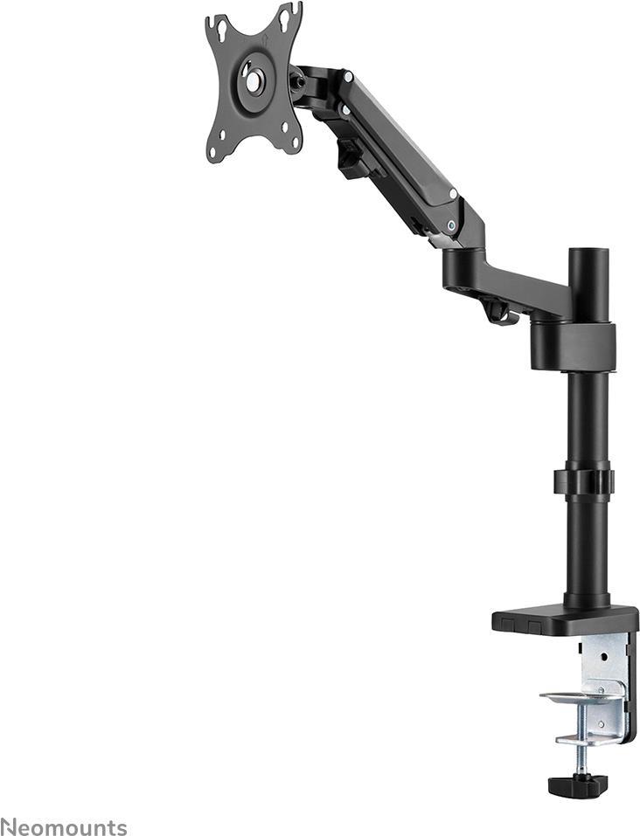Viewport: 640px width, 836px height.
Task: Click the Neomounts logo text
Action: click(x=64, y=827)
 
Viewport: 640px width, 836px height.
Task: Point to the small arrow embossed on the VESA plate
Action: click(x=267, y=39)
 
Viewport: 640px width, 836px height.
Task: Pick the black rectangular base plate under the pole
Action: click(x=565, y=620)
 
